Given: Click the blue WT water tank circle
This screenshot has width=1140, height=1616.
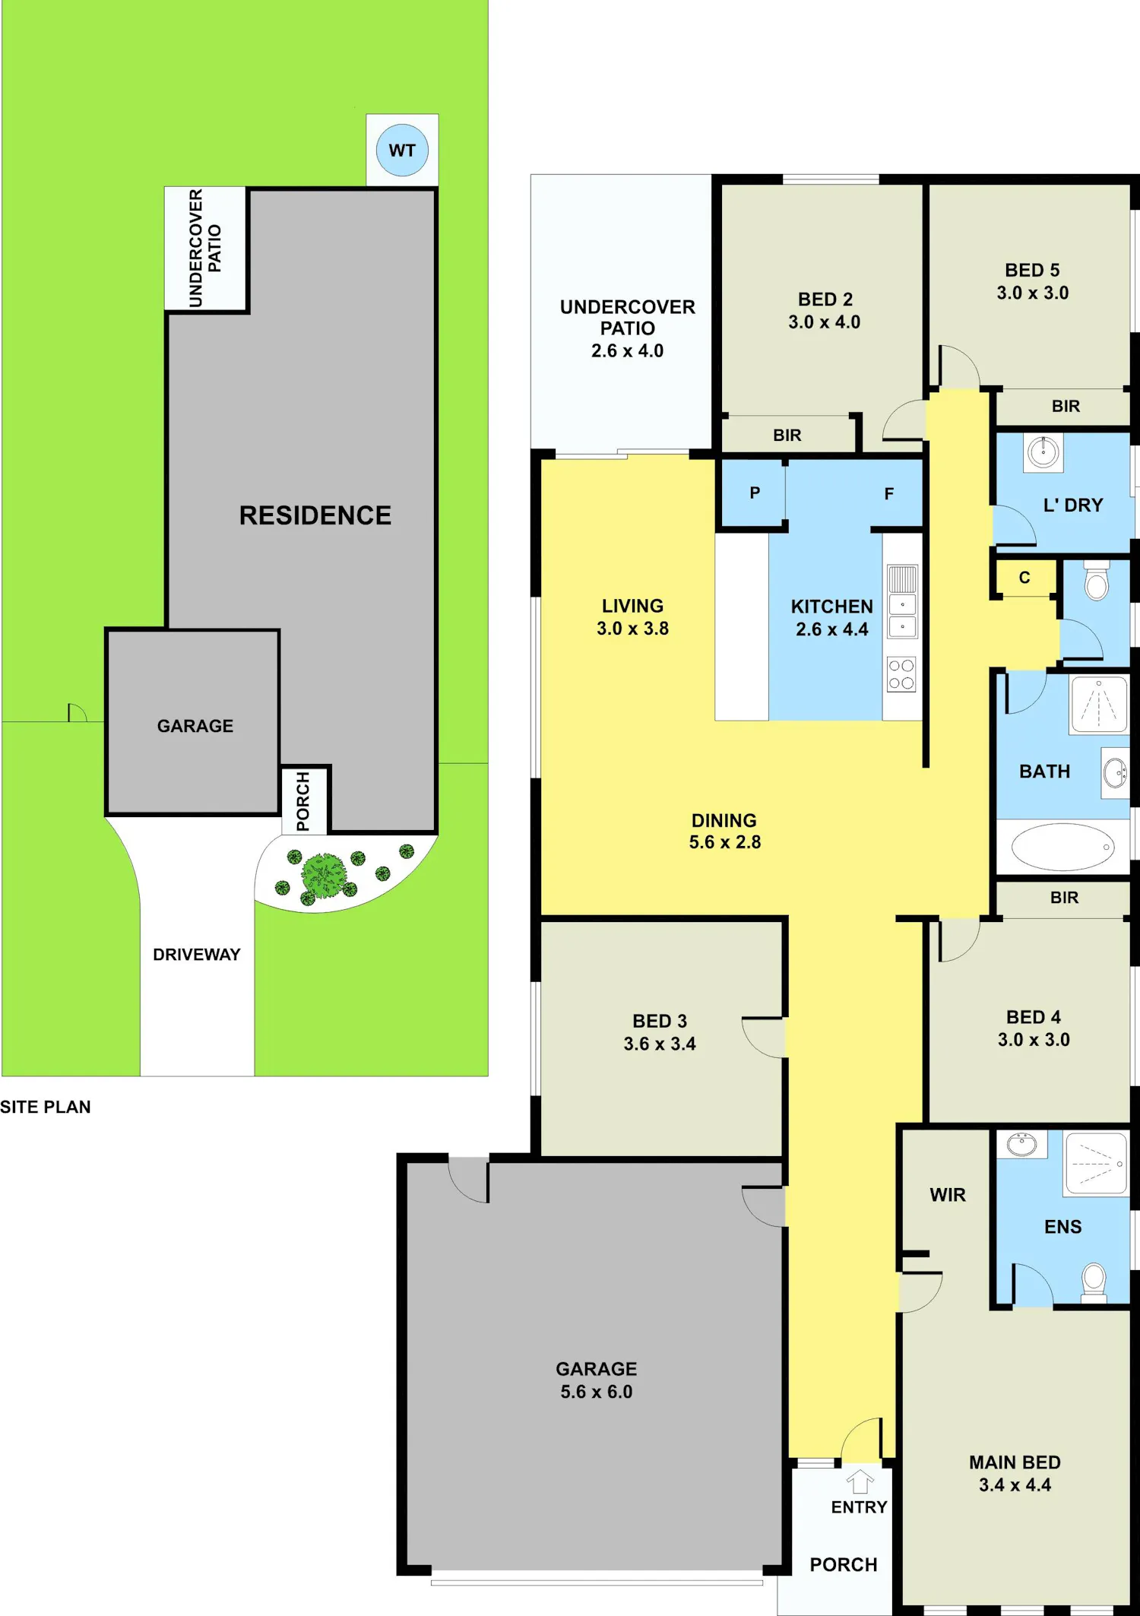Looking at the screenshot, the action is (402, 151).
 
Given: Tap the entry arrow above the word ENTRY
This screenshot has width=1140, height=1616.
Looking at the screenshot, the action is (860, 1481).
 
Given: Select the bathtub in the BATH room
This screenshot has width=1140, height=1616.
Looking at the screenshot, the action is (1062, 846).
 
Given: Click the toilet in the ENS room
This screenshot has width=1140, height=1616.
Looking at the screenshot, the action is (1094, 1282).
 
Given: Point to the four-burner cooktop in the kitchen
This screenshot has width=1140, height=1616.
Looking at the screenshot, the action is (902, 674).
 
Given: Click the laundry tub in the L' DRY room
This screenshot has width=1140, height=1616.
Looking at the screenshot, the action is (1043, 453).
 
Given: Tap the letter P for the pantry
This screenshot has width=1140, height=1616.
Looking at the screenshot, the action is (755, 493).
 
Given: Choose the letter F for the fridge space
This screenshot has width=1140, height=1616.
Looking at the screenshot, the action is (889, 494).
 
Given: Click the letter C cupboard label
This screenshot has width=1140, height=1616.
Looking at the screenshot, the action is (1024, 578).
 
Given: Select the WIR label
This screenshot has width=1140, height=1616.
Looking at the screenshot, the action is (948, 1195).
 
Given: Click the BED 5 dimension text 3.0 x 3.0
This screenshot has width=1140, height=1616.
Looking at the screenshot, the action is (1033, 293).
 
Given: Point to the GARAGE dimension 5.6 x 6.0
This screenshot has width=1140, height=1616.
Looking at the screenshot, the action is (597, 1392).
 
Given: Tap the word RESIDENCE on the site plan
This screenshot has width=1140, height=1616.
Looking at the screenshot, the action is (315, 515).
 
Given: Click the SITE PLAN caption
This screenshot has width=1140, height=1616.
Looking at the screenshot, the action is (46, 1107).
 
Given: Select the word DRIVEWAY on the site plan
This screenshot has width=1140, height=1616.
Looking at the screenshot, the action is (197, 955).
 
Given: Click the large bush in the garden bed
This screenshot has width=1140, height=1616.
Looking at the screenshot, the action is (324, 876).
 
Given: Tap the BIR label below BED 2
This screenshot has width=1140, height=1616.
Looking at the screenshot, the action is (787, 436).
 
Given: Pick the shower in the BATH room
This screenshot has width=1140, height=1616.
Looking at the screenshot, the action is (1099, 705).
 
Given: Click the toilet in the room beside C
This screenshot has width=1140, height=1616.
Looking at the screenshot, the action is (1097, 581).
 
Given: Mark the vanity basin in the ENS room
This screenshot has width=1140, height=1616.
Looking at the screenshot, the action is (1022, 1144).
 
